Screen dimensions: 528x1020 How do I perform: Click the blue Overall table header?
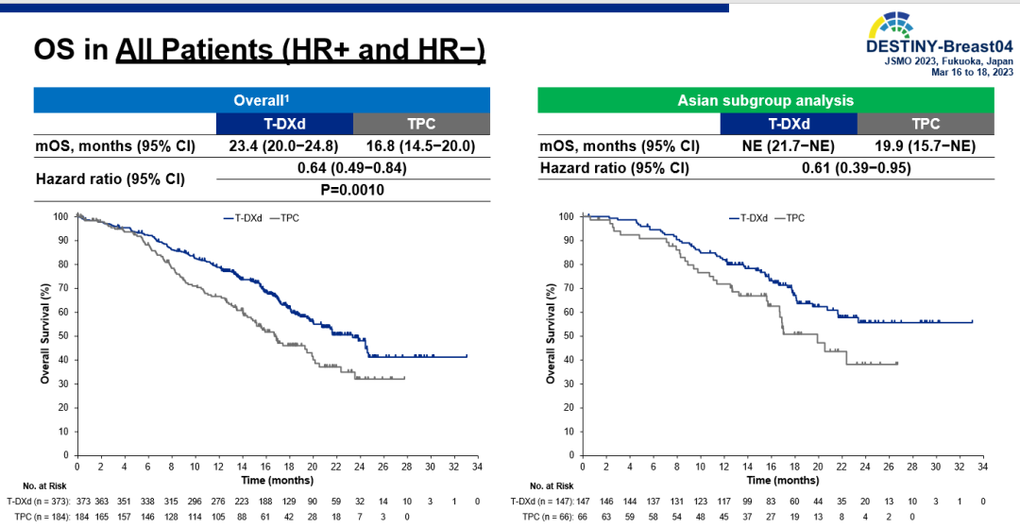click(262, 99)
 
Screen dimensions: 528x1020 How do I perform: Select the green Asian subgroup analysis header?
click(765, 99)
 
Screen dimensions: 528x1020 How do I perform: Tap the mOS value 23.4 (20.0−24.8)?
click(283, 146)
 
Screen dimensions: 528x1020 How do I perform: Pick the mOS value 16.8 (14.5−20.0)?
click(421, 146)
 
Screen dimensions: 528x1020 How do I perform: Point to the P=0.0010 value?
click(353, 189)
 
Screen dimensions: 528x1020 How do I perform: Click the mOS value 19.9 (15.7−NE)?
click(926, 146)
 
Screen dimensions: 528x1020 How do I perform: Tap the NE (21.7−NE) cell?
click(788, 146)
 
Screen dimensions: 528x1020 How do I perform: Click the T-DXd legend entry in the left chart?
click(244, 218)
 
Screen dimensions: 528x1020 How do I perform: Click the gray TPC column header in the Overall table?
click(421, 124)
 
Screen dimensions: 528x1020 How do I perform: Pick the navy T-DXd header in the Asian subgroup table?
click(788, 124)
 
